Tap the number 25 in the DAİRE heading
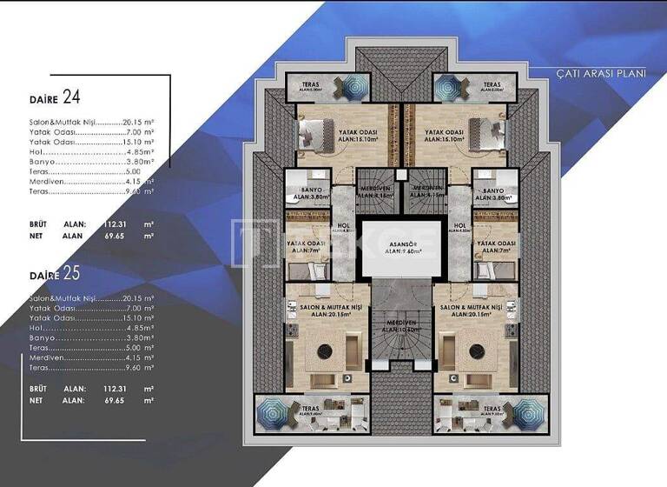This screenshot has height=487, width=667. [71, 274]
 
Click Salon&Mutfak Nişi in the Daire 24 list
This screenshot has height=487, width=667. [63, 123]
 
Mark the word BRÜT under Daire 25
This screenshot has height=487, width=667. [38, 389]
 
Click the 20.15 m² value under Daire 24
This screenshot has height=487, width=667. [140, 123]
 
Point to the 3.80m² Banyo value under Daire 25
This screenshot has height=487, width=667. [140, 337]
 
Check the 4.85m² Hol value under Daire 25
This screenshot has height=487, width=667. [140, 328]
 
